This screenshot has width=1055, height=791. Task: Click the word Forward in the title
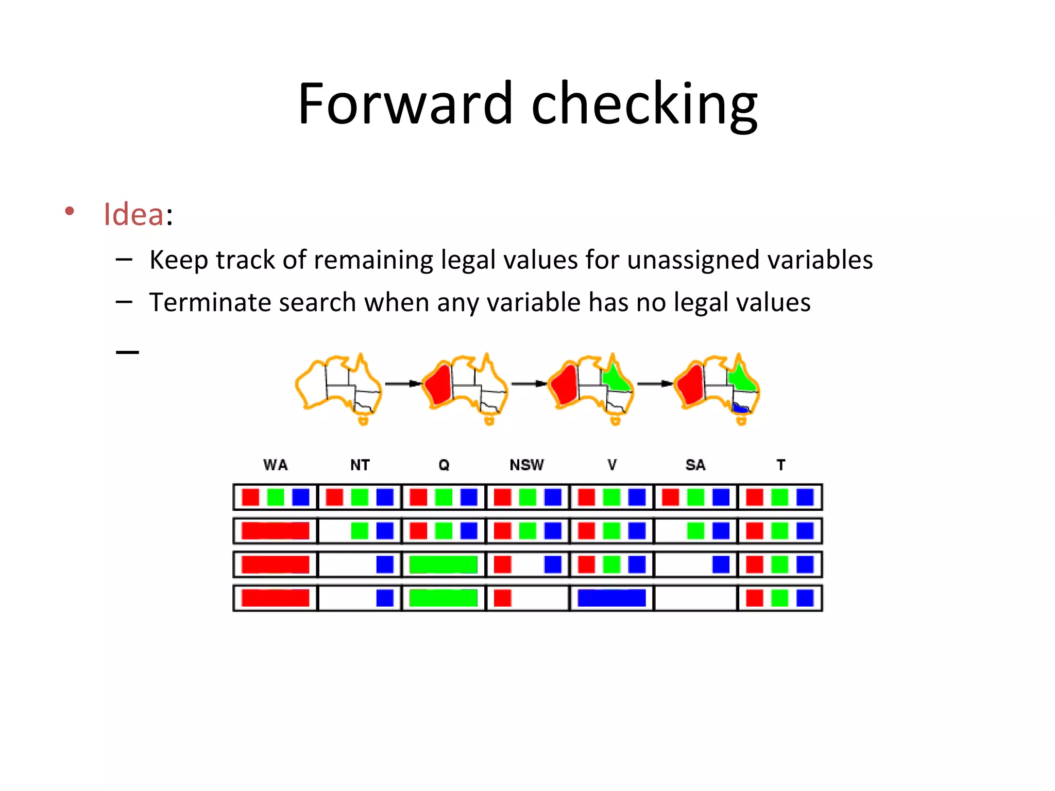coord(405,105)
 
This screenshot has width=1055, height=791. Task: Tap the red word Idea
coord(133,214)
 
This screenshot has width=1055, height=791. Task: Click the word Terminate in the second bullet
coord(209,302)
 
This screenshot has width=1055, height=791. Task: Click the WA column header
coord(275,465)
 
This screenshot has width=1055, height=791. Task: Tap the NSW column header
coord(526,465)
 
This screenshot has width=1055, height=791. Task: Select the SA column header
coord(695,465)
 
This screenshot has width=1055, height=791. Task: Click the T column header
coord(780,465)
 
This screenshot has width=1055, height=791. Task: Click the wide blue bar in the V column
coord(611,598)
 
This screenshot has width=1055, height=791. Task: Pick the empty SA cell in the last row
coord(695,598)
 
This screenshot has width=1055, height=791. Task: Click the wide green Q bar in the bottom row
coord(443,598)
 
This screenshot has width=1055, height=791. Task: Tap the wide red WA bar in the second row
coord(275,531)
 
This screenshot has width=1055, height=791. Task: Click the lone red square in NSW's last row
coord(502,598)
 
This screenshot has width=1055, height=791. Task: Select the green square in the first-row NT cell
coord(360,497)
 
